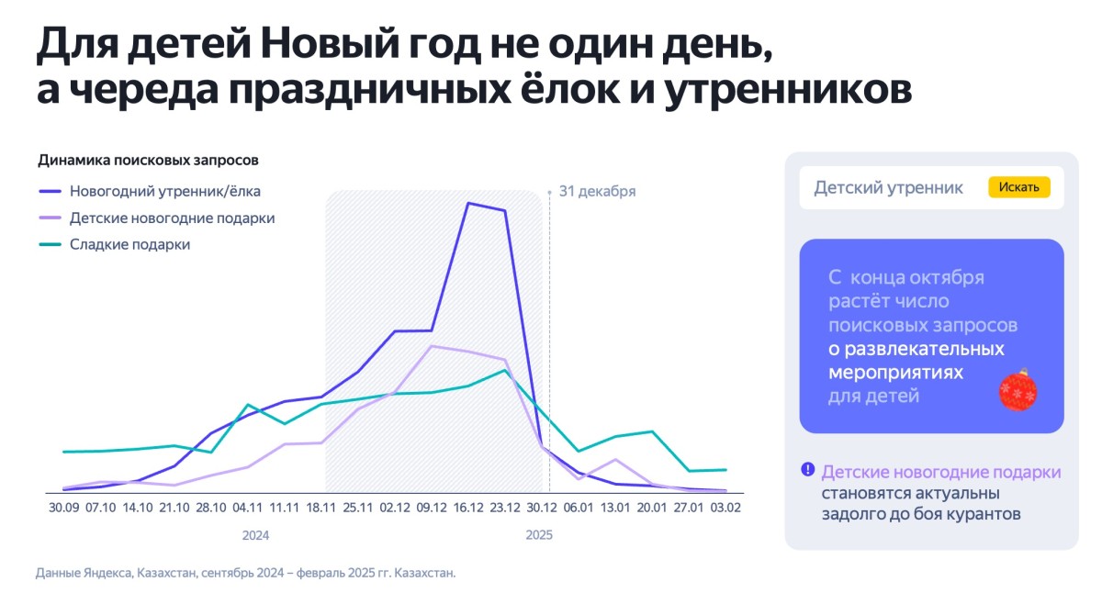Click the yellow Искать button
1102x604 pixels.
tap(1019, 187)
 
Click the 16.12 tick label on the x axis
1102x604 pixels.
tap(468, 507)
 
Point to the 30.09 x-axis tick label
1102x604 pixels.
tap(63, 507)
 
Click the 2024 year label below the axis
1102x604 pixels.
tap(255, 534)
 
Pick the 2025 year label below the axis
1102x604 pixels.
tap(539, 534)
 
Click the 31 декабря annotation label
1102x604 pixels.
tap(597, 192)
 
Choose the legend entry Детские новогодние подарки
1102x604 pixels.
tap(172, 218)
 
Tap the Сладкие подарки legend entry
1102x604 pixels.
tap(129, 244)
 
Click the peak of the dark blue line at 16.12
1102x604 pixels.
tap(468, 203)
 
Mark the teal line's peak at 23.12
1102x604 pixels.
tap(505, 370)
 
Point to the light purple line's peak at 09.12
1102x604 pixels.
tap(432, 346)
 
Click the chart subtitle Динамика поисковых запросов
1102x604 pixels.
tap(148, 160)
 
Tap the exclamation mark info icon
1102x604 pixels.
tap(807, 469)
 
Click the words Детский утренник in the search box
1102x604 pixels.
tap(888, 187)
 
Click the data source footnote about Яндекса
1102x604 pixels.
tap(245, 573)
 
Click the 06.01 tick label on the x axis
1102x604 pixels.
tap(579, 507)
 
